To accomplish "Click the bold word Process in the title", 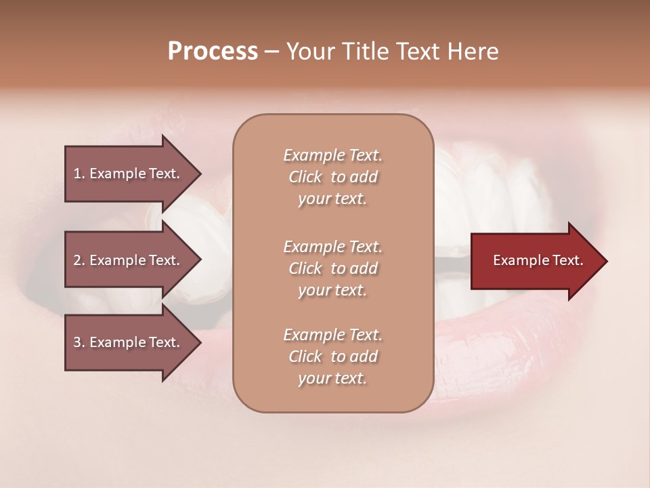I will [213, 52].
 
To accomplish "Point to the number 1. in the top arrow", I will [79, 174].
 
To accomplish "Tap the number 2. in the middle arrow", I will [79, 260].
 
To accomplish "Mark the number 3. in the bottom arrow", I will [79, 342].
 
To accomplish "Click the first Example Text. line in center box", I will [332, 155].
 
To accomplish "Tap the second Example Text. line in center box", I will [332, 247].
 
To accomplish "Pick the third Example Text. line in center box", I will [332, 335].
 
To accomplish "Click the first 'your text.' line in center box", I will [332, 199].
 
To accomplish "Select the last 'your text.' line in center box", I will [332, 379].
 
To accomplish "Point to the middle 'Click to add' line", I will [332, 268].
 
